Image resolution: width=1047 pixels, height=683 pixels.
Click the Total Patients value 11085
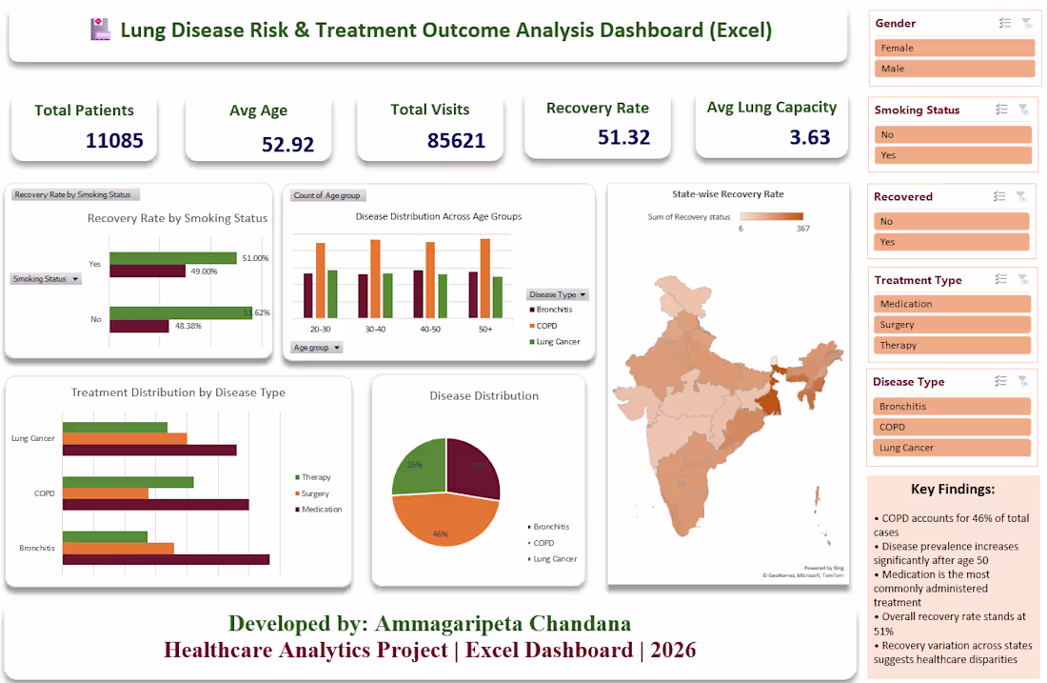tap(114, 141)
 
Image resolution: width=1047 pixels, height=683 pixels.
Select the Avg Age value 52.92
tap(287, 145)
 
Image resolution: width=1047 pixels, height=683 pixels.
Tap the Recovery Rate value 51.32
tap(623, 137)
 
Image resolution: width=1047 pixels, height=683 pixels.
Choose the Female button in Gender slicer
tap(954, 48)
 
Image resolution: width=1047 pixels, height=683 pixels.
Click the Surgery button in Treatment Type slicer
tap(952, 325)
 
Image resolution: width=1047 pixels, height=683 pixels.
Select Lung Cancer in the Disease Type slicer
tap(952, 448)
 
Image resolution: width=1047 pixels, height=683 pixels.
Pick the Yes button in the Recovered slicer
tap(952, 242)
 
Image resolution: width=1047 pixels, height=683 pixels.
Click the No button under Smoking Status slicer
tap(952, 135)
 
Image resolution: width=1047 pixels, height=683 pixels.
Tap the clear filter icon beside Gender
tap(1026, 23)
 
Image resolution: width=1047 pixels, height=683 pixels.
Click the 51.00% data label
tap(255, 258)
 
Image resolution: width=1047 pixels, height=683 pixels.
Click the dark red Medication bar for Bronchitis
tap(166, 559)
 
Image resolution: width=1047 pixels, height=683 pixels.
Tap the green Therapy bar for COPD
tap(128, 482)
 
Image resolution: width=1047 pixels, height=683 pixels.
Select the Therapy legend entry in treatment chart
tap(315, 477)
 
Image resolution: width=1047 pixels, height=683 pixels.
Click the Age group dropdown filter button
tap(317, 348)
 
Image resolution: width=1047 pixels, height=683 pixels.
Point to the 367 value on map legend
tap(802, 229)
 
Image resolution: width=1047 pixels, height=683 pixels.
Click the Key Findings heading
tap(952, 489)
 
